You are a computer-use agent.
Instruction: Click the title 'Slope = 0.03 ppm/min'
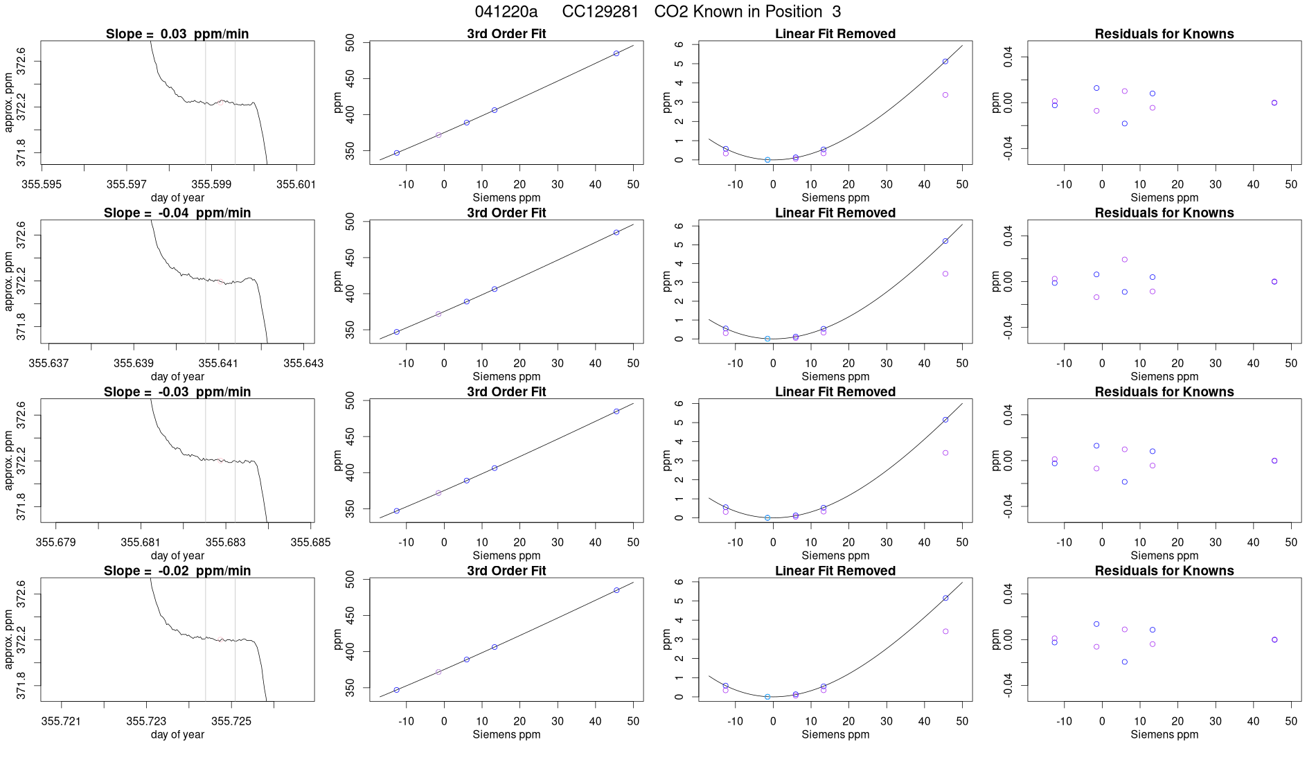click(177, 34)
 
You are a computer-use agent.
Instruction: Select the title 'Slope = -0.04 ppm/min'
click(177, 213)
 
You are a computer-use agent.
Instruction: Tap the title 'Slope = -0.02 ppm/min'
click(177, 571)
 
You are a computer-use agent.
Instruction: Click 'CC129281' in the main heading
click(600, 12)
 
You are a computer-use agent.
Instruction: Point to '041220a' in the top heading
click(506, 12)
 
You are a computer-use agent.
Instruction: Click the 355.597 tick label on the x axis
click(127, 184)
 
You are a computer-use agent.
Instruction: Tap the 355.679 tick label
click(55, 542)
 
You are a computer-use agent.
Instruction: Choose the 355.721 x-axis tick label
click(61, 721)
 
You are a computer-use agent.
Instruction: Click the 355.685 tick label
click(310, 542)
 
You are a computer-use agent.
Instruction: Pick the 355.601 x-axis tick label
click(296, 184)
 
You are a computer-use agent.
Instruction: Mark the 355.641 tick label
click(218, 363)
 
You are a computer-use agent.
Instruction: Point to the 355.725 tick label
click(231, 721)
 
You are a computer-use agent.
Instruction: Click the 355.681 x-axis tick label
click(141, 542)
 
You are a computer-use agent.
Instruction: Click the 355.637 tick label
click(48, 363)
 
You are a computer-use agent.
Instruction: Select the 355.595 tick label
click(42, 184)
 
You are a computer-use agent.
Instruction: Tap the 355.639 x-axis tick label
click(133, 363)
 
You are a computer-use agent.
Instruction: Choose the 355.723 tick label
click(146, 721)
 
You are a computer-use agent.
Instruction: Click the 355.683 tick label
click(226, 542)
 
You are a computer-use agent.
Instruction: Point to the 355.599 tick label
click(211, 184)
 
